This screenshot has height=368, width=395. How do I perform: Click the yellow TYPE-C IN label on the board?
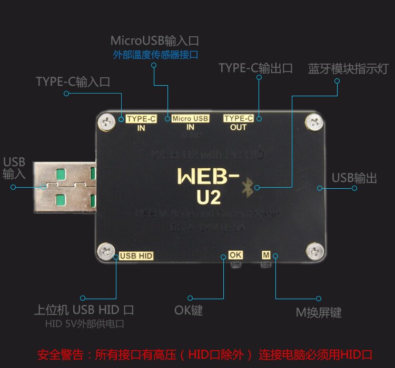pyautogui.click(x=141, y=119)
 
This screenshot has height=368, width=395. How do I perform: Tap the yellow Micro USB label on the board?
pyautogui.click(x=190, y=119)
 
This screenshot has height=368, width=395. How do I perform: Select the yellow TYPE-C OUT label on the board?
pyautogui.click(x=239, y=119)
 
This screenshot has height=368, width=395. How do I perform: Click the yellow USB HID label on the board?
pyautogui.click(x=136, y=256)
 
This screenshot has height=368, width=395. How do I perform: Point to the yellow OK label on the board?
pyautogui.click(x=236, y=254)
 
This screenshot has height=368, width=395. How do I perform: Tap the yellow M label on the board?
pyautogui.click(x=266, y=254)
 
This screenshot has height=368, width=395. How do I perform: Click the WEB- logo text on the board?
pyautogui.click(x=203, y=177)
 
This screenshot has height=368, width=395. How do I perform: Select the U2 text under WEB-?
pyautogui.click(x=208, y=197)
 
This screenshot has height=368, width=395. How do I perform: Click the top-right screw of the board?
pyautogui.click(x=315, y=122)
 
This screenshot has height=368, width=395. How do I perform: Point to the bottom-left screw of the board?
pyautogui.click(x=107, y=251)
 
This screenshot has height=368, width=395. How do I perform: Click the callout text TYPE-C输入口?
pyautogui.click(x=73, y=82)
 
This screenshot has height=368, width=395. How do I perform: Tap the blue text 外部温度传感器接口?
pyautogui.click(x=155, y=55)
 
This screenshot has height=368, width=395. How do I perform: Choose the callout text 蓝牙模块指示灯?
pyautogui.click(x=348, y=69)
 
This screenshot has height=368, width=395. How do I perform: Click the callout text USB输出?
pyautogui.click(x=354, y=178)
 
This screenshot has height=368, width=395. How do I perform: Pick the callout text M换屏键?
pyautogui.click(x=318, y=313)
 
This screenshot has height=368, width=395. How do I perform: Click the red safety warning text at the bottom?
pyautogui.click(x=204, y=355)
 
